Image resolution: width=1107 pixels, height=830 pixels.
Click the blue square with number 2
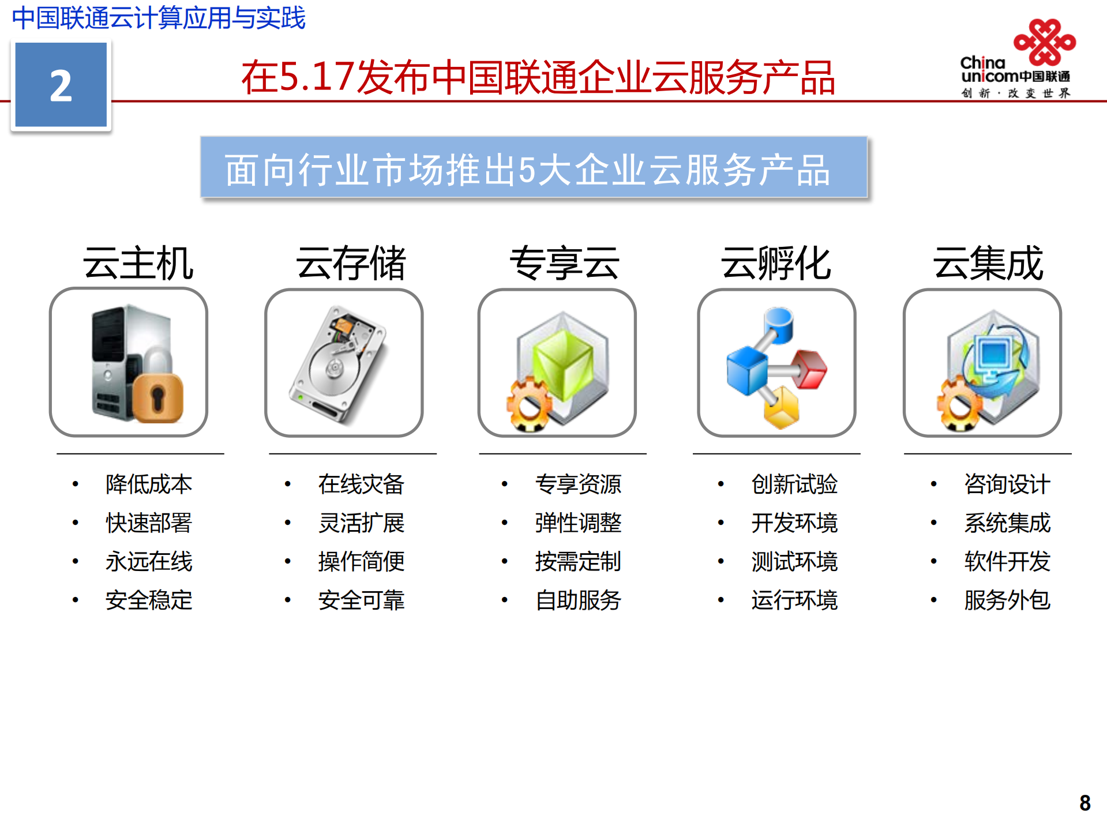point(61,85)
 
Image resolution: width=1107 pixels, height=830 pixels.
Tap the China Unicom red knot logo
point(1045,42)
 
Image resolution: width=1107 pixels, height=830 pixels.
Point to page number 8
point(1085,803)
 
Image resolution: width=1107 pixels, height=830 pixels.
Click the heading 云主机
point(138,263)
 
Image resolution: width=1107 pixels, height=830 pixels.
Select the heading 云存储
point(351,263)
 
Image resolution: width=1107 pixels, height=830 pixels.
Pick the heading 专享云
point(564,263)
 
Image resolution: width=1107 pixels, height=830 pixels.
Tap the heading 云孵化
point(776,263)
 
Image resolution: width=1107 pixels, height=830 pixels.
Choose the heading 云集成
point(988,263)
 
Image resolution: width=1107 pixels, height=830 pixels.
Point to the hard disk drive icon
point(340,363)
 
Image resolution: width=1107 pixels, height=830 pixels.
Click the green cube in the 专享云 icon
point(562,363)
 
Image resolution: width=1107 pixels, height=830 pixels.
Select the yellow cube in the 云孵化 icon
point(782,407)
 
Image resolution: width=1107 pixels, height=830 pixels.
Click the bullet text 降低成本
point(149,484)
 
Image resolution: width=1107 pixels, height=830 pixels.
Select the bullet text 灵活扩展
point(361,523)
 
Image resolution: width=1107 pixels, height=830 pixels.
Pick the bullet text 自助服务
point(578,600)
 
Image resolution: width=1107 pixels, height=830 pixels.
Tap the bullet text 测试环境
point(794,561)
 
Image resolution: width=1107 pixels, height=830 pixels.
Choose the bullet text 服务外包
point(1007,600)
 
